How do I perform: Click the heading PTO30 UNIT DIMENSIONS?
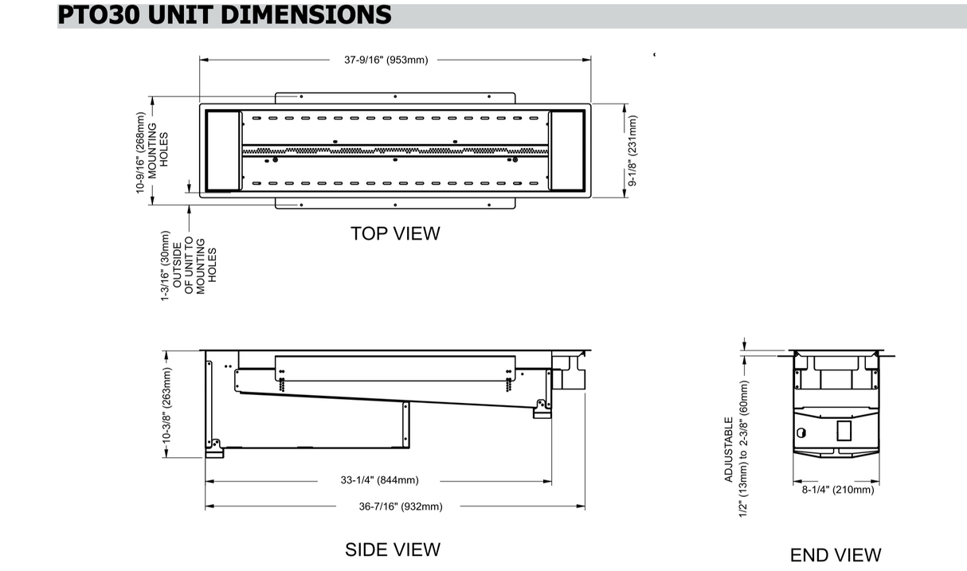pos(225,14)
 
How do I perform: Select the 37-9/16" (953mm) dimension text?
pos(386,60)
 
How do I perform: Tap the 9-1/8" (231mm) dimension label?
pos(633,151)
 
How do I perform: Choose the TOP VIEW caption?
pos(394,233)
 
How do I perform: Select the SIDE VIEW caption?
pos(392,549)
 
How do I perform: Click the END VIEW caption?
pos(836,555)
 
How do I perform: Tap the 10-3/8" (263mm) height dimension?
pos(167,405)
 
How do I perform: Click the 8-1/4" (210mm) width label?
pos(837,490)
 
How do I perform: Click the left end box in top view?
pos(223,151)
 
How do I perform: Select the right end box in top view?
pos(567,151)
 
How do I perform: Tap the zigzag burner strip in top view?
pos(394,151)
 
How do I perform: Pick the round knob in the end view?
pos(801,433)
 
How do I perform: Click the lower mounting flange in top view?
pos(394,204)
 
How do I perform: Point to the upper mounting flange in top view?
pos(394,97)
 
